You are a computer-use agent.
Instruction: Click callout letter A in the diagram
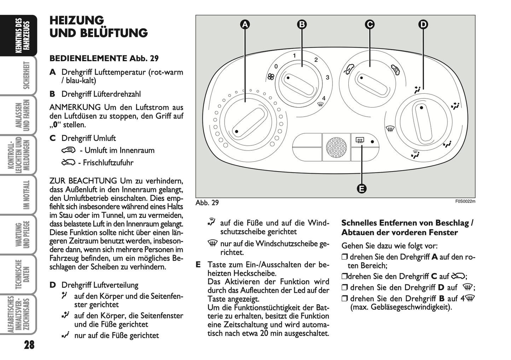pos(245,24)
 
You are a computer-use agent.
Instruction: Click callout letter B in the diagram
pos(302,24)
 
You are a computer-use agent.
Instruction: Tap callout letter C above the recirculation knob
pos(370,24)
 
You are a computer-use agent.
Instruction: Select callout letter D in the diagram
pos(423,24)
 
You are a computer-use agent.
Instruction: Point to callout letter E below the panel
pos(361,188)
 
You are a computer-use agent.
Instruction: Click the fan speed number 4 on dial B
pos(324,98)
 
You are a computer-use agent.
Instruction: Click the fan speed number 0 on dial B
pos(276,66)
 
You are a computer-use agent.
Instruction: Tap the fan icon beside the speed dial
pos(271,76)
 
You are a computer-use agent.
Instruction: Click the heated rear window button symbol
pos(360,141)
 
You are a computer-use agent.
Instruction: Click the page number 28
pos(29,345)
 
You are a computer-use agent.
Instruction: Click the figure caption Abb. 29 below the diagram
pos(207,203)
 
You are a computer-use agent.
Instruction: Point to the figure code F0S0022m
pos(465,202)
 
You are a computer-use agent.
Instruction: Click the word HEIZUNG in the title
pos(77,20)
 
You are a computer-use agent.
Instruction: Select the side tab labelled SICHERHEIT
pos(26,75)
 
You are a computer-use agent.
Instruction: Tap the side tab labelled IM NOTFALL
pos(26,194)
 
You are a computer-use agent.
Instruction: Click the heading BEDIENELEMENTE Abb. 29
pos(104,58)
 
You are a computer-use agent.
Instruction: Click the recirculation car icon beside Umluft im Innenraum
pos(69,150)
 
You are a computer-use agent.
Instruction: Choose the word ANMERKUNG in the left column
pos(75,107)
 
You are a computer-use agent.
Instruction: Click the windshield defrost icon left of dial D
pos(390,129)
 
